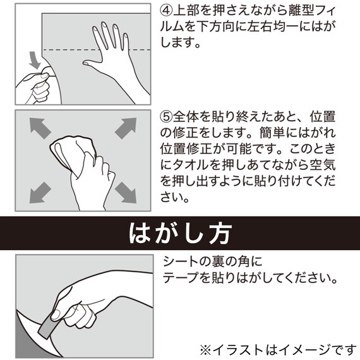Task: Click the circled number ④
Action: coord(167,11)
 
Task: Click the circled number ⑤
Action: coord(167,117)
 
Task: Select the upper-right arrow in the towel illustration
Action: coord(126,128)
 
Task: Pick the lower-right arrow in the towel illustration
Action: coord(125,191)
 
